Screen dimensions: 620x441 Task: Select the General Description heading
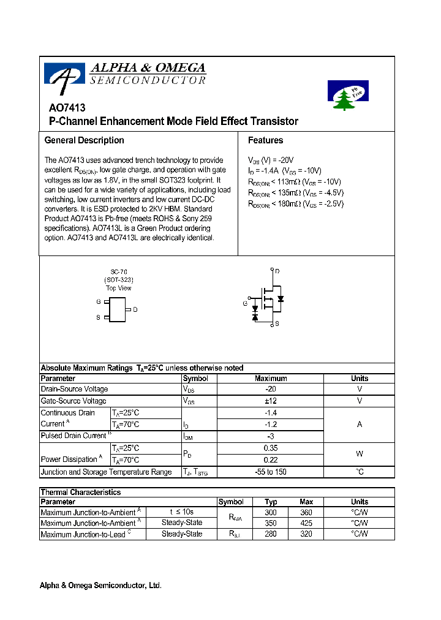coord(84,140)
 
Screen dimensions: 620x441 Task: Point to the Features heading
coord(265,140)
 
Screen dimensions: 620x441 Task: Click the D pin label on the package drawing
coord(135,309)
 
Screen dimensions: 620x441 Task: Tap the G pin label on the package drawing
coord(98,301)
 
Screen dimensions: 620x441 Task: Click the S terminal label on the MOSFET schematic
coord(277,323)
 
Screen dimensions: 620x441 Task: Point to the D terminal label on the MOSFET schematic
coord(277,271)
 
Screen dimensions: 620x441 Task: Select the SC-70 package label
coord(119,271)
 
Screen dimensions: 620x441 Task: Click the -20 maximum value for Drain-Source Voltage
coord(271,389)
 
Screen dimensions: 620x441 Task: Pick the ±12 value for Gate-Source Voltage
coord(271,401)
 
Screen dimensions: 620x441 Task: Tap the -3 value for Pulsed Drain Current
coord(271,436)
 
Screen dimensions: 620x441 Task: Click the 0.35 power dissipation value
coord(271,448)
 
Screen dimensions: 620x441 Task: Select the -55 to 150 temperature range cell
coord(271,472)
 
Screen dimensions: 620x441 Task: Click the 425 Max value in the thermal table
coord(306,523)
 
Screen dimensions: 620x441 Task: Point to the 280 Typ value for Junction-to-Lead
coord(271,534)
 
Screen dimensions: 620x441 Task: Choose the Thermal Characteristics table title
coord(80,492)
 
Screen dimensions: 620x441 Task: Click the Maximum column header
coord(271,379)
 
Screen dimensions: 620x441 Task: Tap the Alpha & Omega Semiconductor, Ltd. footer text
coord(100,586)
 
